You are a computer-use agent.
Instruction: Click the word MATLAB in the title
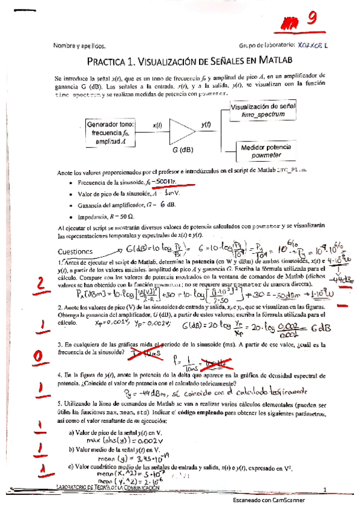pos(273,60)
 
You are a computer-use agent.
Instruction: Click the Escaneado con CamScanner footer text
pos(269,500)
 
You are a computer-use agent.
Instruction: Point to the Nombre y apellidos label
pos(79,46)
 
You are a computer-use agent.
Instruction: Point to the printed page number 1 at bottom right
pos(323,490)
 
